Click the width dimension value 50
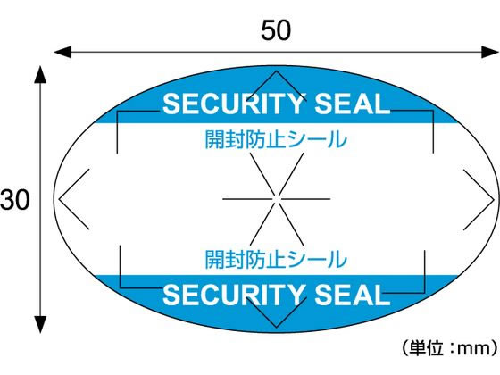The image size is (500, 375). pyautogui.click(x=276, y=29)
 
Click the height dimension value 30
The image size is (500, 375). pyautogui.click(x=15, y=200)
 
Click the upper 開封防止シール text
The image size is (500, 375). pyautogui.click(x=275, y=139)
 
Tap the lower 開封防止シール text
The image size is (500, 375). pyautogui.click(x=275, y=260)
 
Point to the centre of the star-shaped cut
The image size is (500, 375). pyautogui.click(x=275, y=198)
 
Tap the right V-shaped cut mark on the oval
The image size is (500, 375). pyautogui.click(x=489, y=197)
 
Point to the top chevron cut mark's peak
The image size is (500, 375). pyautogui.click(x=275, y=71)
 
